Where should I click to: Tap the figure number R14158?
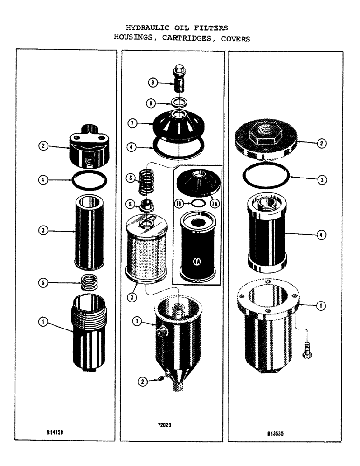pos(55,432)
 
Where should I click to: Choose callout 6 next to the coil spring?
pos(131,178)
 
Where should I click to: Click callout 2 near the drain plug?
pos(143,382)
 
